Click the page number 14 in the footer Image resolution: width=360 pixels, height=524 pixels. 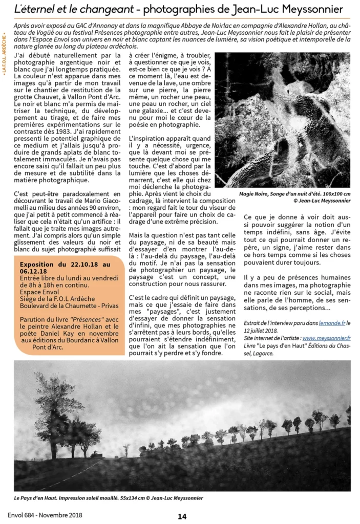pos(182,516)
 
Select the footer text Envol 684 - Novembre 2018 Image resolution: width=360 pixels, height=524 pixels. pos(45,515)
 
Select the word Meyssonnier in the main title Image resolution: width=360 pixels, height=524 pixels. pos(314,9)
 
